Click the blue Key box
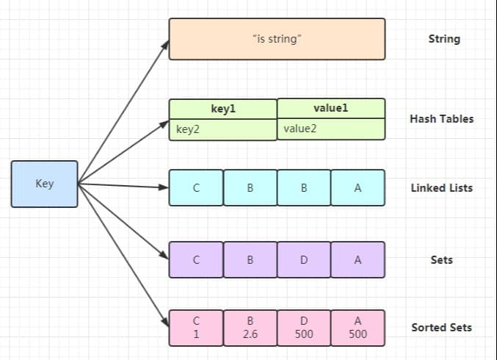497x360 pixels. point(44,183)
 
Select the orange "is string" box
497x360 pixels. point(277,39)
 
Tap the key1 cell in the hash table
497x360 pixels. point(223,108)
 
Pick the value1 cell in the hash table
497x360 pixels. point(330,108)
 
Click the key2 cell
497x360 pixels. point(223,129)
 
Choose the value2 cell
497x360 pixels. point(330,129)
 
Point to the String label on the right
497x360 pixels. point(444,39)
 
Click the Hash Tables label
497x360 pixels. point(441,118)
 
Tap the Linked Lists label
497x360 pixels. point(441,187)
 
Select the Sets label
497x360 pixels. point(441,260)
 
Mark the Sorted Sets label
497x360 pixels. point(441,328)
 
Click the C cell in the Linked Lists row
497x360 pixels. point(196,187)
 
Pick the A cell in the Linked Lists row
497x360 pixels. point(358,187)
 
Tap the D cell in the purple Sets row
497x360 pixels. point(304,260)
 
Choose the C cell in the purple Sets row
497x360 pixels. point(196,260)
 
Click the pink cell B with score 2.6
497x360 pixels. point(250,328)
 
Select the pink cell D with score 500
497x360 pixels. point(304,328)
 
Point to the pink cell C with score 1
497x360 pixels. point(196,328)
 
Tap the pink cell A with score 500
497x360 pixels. point(358,328)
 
